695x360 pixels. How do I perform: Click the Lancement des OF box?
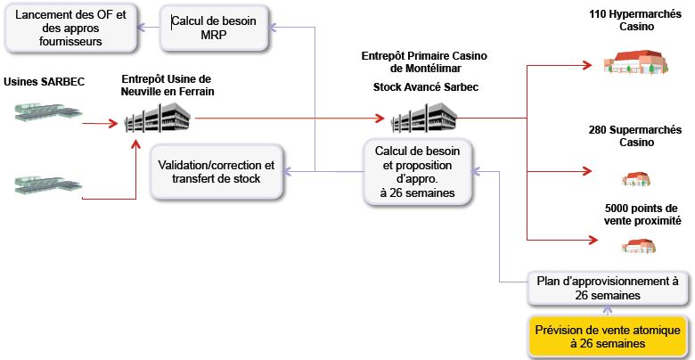[x=71, y=27]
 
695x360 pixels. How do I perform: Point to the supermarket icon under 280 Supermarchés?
[x=634, y=177]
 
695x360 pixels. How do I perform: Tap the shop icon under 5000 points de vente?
[x=639, y=245]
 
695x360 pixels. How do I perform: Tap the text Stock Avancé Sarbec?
[x=425, y=87]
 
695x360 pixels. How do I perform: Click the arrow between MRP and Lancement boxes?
[x=148, y=27]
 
